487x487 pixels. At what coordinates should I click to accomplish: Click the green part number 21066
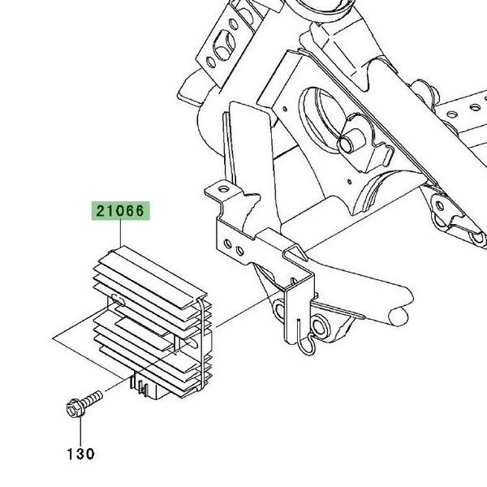point(120,211)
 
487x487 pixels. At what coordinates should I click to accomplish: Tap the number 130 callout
point(80,454)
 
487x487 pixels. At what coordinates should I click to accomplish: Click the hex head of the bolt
point(73,408)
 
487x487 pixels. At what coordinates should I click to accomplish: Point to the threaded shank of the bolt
point(92,398)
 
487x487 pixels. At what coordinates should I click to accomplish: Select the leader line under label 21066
point(120,233)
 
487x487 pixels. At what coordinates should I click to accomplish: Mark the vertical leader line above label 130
point(80,432)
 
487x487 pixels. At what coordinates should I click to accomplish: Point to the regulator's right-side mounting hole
point(192,343)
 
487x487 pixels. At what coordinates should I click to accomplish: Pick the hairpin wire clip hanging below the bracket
point(306,338)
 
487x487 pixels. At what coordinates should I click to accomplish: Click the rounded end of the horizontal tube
point(399,317)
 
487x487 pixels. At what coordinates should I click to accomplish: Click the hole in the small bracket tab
point(222,188)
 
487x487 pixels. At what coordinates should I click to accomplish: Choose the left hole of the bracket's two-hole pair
point(227,243)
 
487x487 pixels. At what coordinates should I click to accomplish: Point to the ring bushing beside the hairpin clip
point(319,325)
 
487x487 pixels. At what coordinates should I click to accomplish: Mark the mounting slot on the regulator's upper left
point(119,299)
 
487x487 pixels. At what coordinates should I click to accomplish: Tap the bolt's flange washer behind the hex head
point(79,407)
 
